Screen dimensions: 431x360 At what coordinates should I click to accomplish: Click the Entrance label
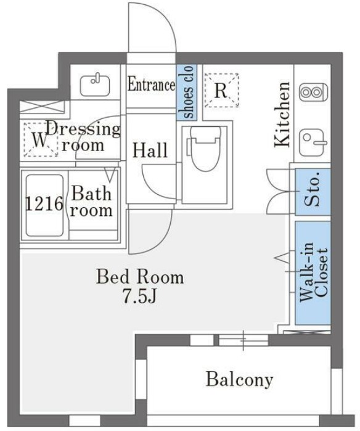pos(152,84)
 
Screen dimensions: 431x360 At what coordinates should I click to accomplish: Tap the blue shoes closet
pos(186,92)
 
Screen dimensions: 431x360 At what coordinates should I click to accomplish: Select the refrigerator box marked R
pos(221,90)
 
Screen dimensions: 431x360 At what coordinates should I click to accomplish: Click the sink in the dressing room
pos(96,81)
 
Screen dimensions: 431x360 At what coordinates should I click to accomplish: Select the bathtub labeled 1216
pos(44,203)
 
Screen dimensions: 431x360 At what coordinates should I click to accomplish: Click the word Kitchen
pos(282,115)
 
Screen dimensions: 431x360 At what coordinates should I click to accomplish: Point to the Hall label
pos(151,150)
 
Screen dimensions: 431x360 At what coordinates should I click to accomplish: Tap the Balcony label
pos(239,379)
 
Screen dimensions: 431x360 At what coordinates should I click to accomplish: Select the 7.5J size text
pos(139,297)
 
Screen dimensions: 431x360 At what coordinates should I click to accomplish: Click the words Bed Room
pos(139,277)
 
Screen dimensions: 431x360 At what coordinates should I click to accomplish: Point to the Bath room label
pos(92,202)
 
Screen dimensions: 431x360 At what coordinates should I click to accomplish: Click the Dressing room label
pos(83,137)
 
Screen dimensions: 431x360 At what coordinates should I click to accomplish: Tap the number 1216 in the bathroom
pos(44,203)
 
